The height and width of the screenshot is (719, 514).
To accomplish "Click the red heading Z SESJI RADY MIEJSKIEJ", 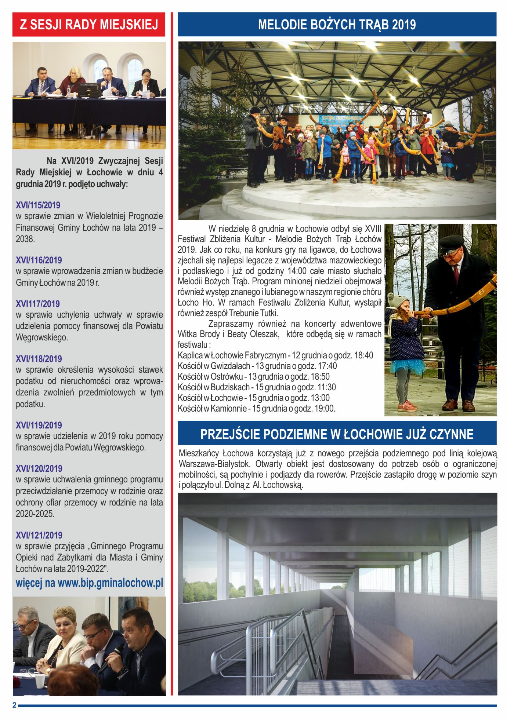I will [x=89, y=25].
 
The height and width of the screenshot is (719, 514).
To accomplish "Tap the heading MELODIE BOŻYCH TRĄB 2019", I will [x=337, y=25].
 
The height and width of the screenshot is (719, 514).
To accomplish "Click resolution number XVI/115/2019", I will [x=38, y=205].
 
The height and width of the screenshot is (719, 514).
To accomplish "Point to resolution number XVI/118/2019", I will [x=39, y=359].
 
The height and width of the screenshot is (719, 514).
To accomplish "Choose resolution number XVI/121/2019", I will [x=39, y=535].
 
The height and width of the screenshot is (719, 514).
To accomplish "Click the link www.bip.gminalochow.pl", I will [x=110, y=583].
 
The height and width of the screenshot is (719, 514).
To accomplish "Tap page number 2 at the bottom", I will [x=14, y=705].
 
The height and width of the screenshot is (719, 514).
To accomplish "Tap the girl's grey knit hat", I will [x=397, y=300].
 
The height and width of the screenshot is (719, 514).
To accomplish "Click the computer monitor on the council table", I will [x=88, y=90].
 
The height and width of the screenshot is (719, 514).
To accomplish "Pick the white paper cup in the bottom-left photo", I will [x=40, y=681].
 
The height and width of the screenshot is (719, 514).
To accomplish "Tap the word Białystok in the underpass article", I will [x=230, y=464].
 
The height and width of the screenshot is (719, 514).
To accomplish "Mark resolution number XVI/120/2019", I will [x=39, y=468].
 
